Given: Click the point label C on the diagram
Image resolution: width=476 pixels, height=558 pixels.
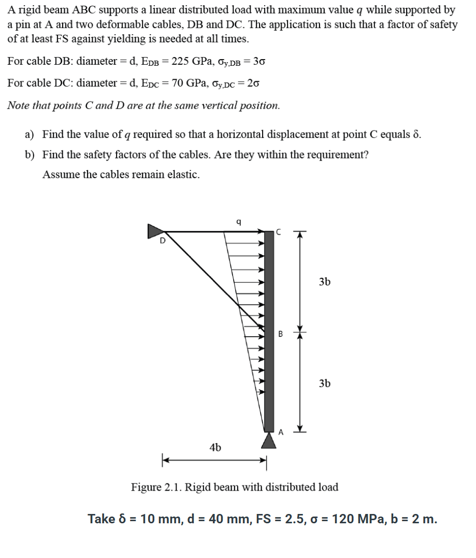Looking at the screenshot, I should coord(278,232).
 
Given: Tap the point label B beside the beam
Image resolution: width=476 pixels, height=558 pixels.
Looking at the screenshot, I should coord(280,334).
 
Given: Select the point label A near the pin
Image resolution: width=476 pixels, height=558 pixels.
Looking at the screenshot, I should coord(281,431).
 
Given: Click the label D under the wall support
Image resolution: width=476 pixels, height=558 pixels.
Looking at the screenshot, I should coord(162,240).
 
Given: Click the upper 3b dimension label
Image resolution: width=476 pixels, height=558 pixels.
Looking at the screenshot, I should coord(325,282).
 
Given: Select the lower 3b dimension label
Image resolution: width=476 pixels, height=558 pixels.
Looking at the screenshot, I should coord(325,383).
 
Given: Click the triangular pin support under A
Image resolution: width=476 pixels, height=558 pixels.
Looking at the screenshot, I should coord(268,440).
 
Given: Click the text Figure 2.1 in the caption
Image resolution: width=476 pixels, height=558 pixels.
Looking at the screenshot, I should coord(155,488).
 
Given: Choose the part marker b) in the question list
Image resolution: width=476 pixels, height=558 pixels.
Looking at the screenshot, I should coord(30,154).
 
